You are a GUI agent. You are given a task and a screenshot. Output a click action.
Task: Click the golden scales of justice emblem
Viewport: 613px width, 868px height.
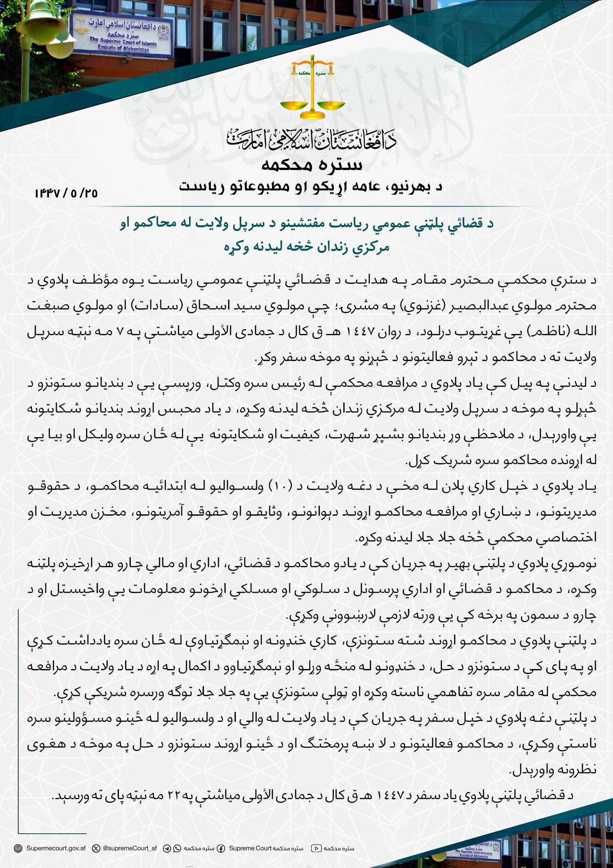[x=312, y=88]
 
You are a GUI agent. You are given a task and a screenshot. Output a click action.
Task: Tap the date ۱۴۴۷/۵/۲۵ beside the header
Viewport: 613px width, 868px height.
[x=66, y=193]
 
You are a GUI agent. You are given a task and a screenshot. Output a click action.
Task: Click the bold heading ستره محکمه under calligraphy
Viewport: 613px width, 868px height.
[x=312, y=165]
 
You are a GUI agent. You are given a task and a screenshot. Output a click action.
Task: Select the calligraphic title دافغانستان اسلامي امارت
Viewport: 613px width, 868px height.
[x=312, y=140]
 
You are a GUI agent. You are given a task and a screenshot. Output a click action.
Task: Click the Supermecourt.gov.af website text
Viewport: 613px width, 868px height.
[x=56, y=848]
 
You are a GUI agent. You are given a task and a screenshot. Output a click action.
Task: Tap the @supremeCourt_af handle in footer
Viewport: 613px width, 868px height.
[x=130, y=848]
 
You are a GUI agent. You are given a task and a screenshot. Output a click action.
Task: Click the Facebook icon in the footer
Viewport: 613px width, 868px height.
[x=221, y=848]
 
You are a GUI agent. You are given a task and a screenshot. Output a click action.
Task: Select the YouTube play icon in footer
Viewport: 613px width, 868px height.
[x=316, y=848]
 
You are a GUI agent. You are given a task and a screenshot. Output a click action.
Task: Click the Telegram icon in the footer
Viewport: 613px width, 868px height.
[x=167, y=848]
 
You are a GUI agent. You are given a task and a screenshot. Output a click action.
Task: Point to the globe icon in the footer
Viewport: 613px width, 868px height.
[x=18, y=848]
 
